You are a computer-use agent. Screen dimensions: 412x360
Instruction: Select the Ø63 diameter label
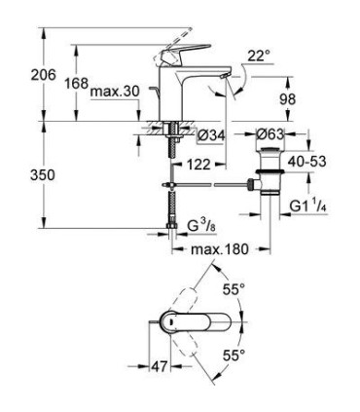click(x=270, y=133)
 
